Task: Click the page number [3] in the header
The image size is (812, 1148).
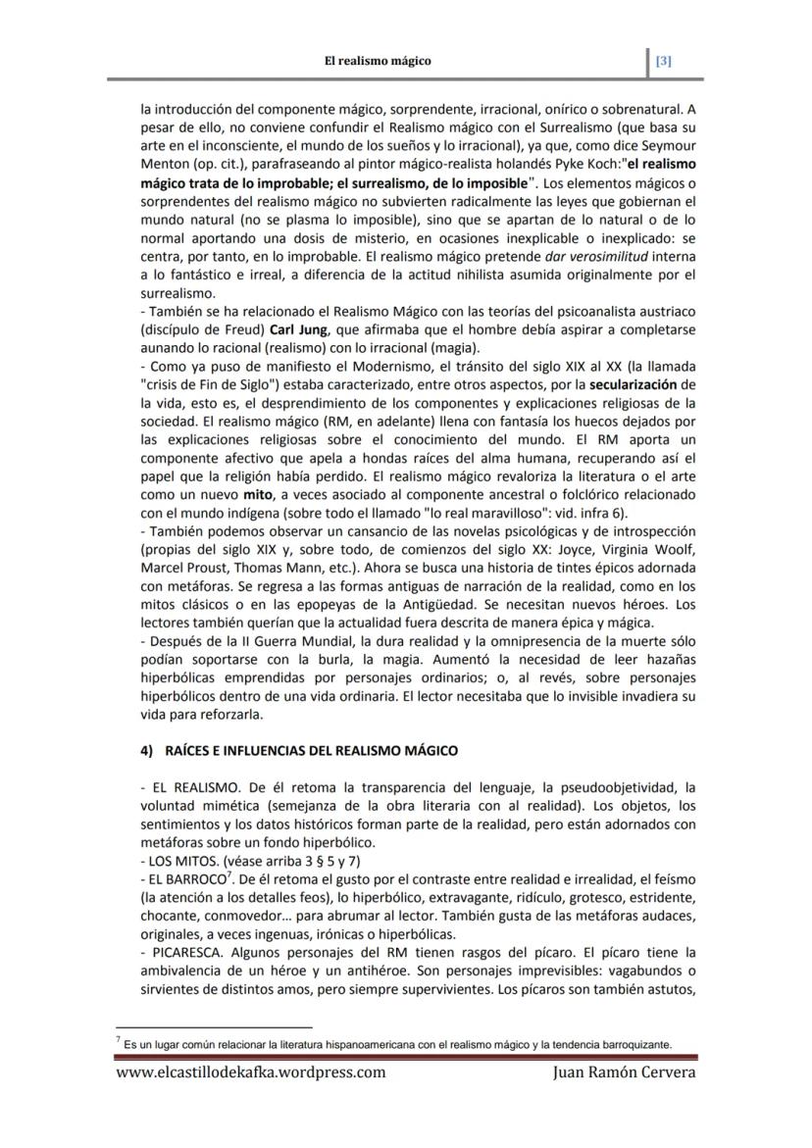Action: pyautogui.click(x=664, y=61)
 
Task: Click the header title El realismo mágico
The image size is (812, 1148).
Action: pyautogui.click(x=378, y=61)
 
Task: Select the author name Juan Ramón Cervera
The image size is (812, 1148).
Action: pyautogui.click(x=624, y=1100)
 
